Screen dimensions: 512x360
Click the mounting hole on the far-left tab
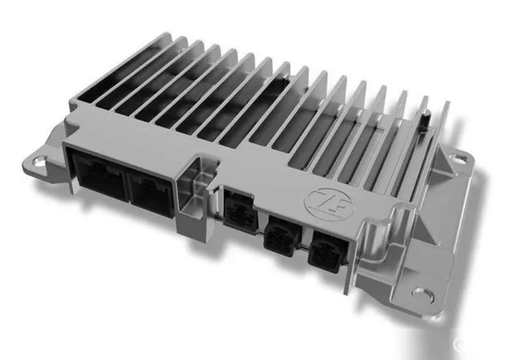click(39, 160)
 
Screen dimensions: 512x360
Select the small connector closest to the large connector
click(239, 208)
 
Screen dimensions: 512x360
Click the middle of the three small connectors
click(281, 236)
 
